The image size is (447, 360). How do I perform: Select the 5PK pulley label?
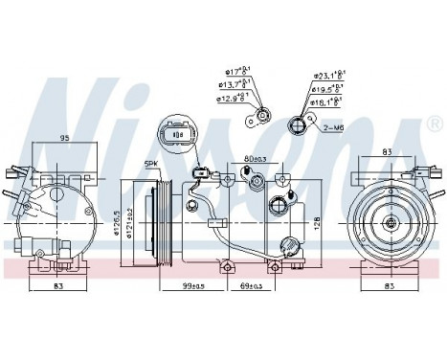(149, 164)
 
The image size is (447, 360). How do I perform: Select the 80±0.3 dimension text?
(254, 159)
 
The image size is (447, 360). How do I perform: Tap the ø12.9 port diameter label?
(231, 97)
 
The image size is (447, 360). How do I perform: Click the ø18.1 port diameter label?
(327, 100)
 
